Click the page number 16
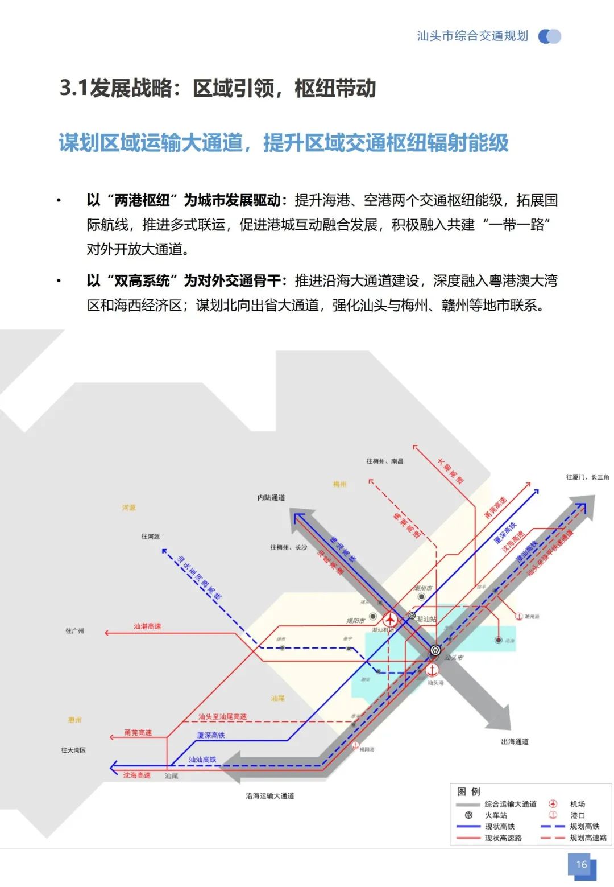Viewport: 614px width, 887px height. (x=581, y=864)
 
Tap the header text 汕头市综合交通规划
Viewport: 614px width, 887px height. (x=472, y=36)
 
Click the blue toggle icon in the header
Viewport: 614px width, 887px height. (x=549, y=36)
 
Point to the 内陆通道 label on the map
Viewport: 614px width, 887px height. (x=271, y=498)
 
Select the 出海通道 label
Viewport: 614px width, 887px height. (x=515, y=742)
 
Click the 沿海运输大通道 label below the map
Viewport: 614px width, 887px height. (x=269, y=796)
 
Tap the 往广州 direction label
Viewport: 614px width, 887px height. (x=74, y=631)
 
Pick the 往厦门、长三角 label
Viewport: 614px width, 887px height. (x=587, y=477)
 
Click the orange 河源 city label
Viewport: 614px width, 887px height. (x=129, y=508)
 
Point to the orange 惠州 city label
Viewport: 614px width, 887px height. (x=75, y=720)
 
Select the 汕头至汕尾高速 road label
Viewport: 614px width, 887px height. (x=222, y=717)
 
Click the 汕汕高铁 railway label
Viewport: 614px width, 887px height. (x=202, y=760)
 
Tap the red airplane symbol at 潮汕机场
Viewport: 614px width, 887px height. (x=390, y=618)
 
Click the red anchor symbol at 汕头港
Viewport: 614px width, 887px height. (x=433, y=670)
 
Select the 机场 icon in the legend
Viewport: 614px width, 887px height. (x=553, y=804)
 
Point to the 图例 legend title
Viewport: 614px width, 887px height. (x=468, y=791)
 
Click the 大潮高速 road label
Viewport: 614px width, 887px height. (x=450, y=471)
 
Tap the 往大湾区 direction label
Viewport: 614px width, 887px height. (x=73, y=750)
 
